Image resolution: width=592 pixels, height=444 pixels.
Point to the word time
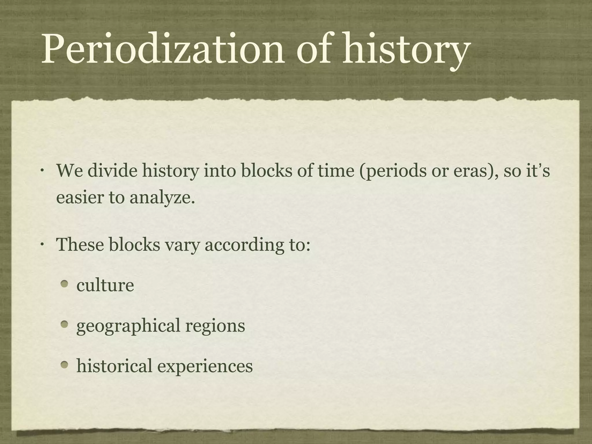pos(336,171)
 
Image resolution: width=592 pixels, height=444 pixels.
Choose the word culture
pos(105,285)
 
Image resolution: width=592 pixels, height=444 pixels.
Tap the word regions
pos(215,326)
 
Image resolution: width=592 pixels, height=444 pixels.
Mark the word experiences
pos(205,367)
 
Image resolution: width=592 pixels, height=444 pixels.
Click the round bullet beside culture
pos(65,284)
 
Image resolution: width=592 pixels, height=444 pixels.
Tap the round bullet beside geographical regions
pos(65,325)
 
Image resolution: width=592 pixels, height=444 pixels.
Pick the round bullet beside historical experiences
pos(65,365)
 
